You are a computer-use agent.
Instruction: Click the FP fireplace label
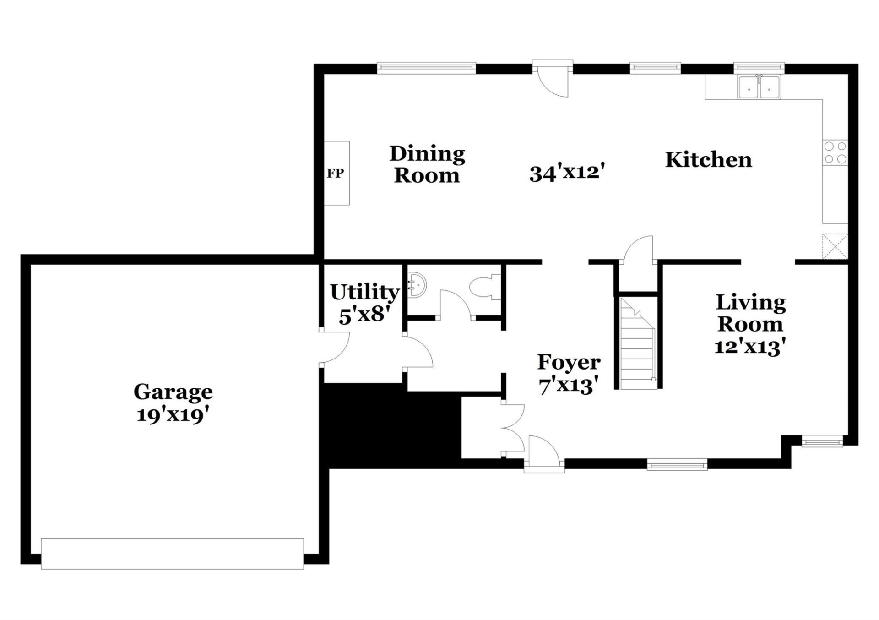coord(335,174)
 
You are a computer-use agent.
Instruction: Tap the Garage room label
coord(173,392)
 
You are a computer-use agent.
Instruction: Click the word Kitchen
coord(708,160)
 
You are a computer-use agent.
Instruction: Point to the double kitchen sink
coord(759,87)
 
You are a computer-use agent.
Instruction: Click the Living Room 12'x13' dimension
coord(750,346)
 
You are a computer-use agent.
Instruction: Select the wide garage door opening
coord(172,554)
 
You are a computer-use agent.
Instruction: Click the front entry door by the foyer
coord(544,453)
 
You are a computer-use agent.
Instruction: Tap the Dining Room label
coord(427,164)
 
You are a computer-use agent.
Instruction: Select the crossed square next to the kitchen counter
coord(835,246)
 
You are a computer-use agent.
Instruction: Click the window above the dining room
coord(426,68)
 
